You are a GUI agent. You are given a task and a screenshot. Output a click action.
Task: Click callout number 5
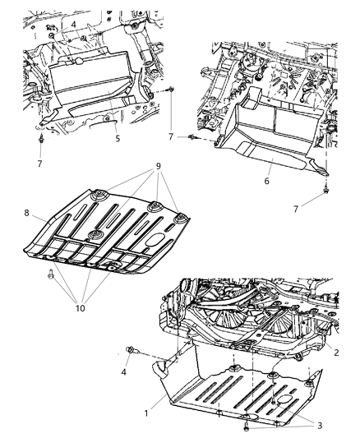(x=118, y=138)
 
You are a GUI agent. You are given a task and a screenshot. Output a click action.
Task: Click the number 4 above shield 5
(x=73, y=25)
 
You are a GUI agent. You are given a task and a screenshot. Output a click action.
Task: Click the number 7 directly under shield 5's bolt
(x=39, y=164)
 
